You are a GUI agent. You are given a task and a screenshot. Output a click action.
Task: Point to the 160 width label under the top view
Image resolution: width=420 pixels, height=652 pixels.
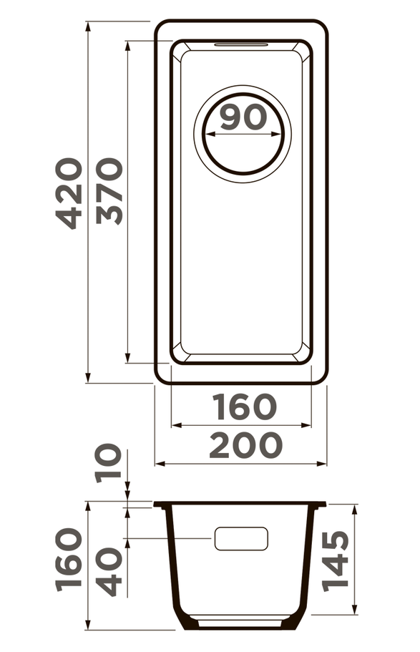(x=244, y=407)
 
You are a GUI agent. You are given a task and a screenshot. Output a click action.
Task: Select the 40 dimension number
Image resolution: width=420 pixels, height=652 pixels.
(x=109, y=571)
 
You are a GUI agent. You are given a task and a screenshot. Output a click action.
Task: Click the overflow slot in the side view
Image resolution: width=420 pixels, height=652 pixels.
(x=241, y=539)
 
